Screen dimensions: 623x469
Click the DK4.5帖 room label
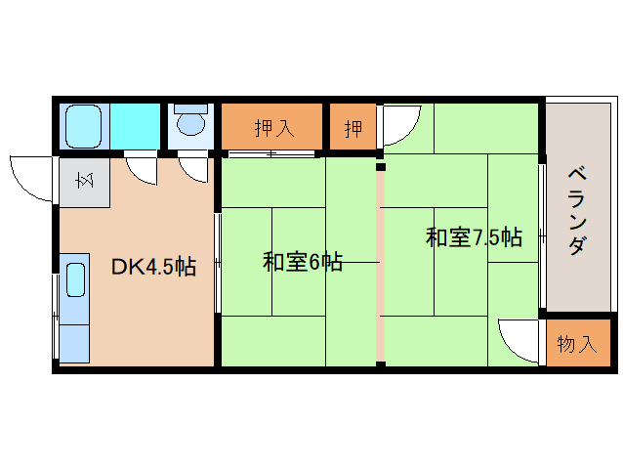152,266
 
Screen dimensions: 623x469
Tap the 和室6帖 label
302,262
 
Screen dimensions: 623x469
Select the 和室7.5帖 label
474,237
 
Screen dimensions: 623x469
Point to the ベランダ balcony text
577,211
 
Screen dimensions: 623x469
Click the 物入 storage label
576,344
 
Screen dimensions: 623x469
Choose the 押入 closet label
272,127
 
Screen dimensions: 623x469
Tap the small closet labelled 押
353,127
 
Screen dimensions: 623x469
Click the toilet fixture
189,123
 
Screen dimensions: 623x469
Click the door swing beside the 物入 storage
519,338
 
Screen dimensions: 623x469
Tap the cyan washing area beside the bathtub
136,126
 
